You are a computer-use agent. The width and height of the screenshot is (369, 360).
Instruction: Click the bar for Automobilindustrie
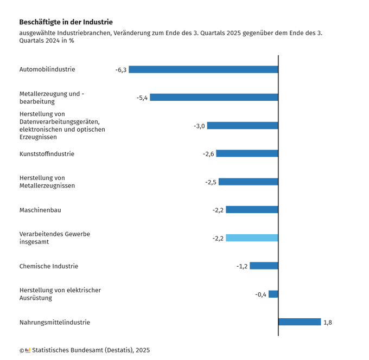(203, 69)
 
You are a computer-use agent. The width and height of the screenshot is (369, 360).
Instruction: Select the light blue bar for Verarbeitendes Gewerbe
(252, 238)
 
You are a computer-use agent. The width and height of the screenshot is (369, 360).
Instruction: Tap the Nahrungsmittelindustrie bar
(300, 322)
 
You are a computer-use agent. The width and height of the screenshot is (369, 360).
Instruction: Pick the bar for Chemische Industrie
(264, 266)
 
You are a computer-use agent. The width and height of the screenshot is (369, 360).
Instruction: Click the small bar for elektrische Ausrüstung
(273, 294)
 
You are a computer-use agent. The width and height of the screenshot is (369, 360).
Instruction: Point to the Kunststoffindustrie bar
(247, 153)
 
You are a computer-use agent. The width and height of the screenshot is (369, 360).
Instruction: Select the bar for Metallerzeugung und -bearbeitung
(214, 98)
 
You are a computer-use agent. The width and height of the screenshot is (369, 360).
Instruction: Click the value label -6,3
(120, 70)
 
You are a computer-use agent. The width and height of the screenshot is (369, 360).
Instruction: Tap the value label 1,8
(328, 323)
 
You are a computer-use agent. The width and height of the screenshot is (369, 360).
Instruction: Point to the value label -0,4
(260, 294)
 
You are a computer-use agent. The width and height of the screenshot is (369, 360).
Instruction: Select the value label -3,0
(199, 126)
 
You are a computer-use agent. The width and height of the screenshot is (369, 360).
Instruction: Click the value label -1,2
(241, 266)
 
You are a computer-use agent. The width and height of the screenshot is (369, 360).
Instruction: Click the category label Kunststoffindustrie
(47, 154)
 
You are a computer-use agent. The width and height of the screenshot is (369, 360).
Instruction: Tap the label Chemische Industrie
(49, 266)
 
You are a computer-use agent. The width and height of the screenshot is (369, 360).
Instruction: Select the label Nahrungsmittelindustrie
(55, 323)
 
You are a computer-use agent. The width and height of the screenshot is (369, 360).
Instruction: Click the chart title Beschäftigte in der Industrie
(66, 22)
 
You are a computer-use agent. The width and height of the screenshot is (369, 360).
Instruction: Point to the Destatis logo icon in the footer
(28, 350)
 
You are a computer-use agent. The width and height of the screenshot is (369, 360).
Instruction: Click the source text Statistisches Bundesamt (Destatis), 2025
(91, 350)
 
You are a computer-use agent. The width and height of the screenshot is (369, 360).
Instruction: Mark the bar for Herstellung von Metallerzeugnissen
(248, 182)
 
